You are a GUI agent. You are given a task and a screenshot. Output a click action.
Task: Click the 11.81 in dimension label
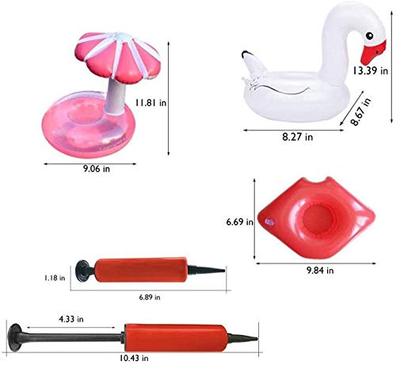tap(150, 102)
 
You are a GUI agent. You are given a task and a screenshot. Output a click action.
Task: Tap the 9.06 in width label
tap(97, 169)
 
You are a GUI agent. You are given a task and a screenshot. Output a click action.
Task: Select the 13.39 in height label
tap(371, 70)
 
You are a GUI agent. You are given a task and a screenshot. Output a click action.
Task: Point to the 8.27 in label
tap(298, 137)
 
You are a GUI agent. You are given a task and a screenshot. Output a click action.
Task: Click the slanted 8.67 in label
tap(361, 112)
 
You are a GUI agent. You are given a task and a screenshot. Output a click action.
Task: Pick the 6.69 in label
tap(239, 222)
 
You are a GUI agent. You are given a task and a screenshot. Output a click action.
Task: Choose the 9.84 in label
tap(320, 270)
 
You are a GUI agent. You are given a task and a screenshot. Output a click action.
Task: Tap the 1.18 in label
tap(55, 278)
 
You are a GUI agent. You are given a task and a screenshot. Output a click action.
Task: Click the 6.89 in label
tap(150, 297)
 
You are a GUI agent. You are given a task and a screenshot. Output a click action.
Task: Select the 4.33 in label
tap(71, 319)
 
